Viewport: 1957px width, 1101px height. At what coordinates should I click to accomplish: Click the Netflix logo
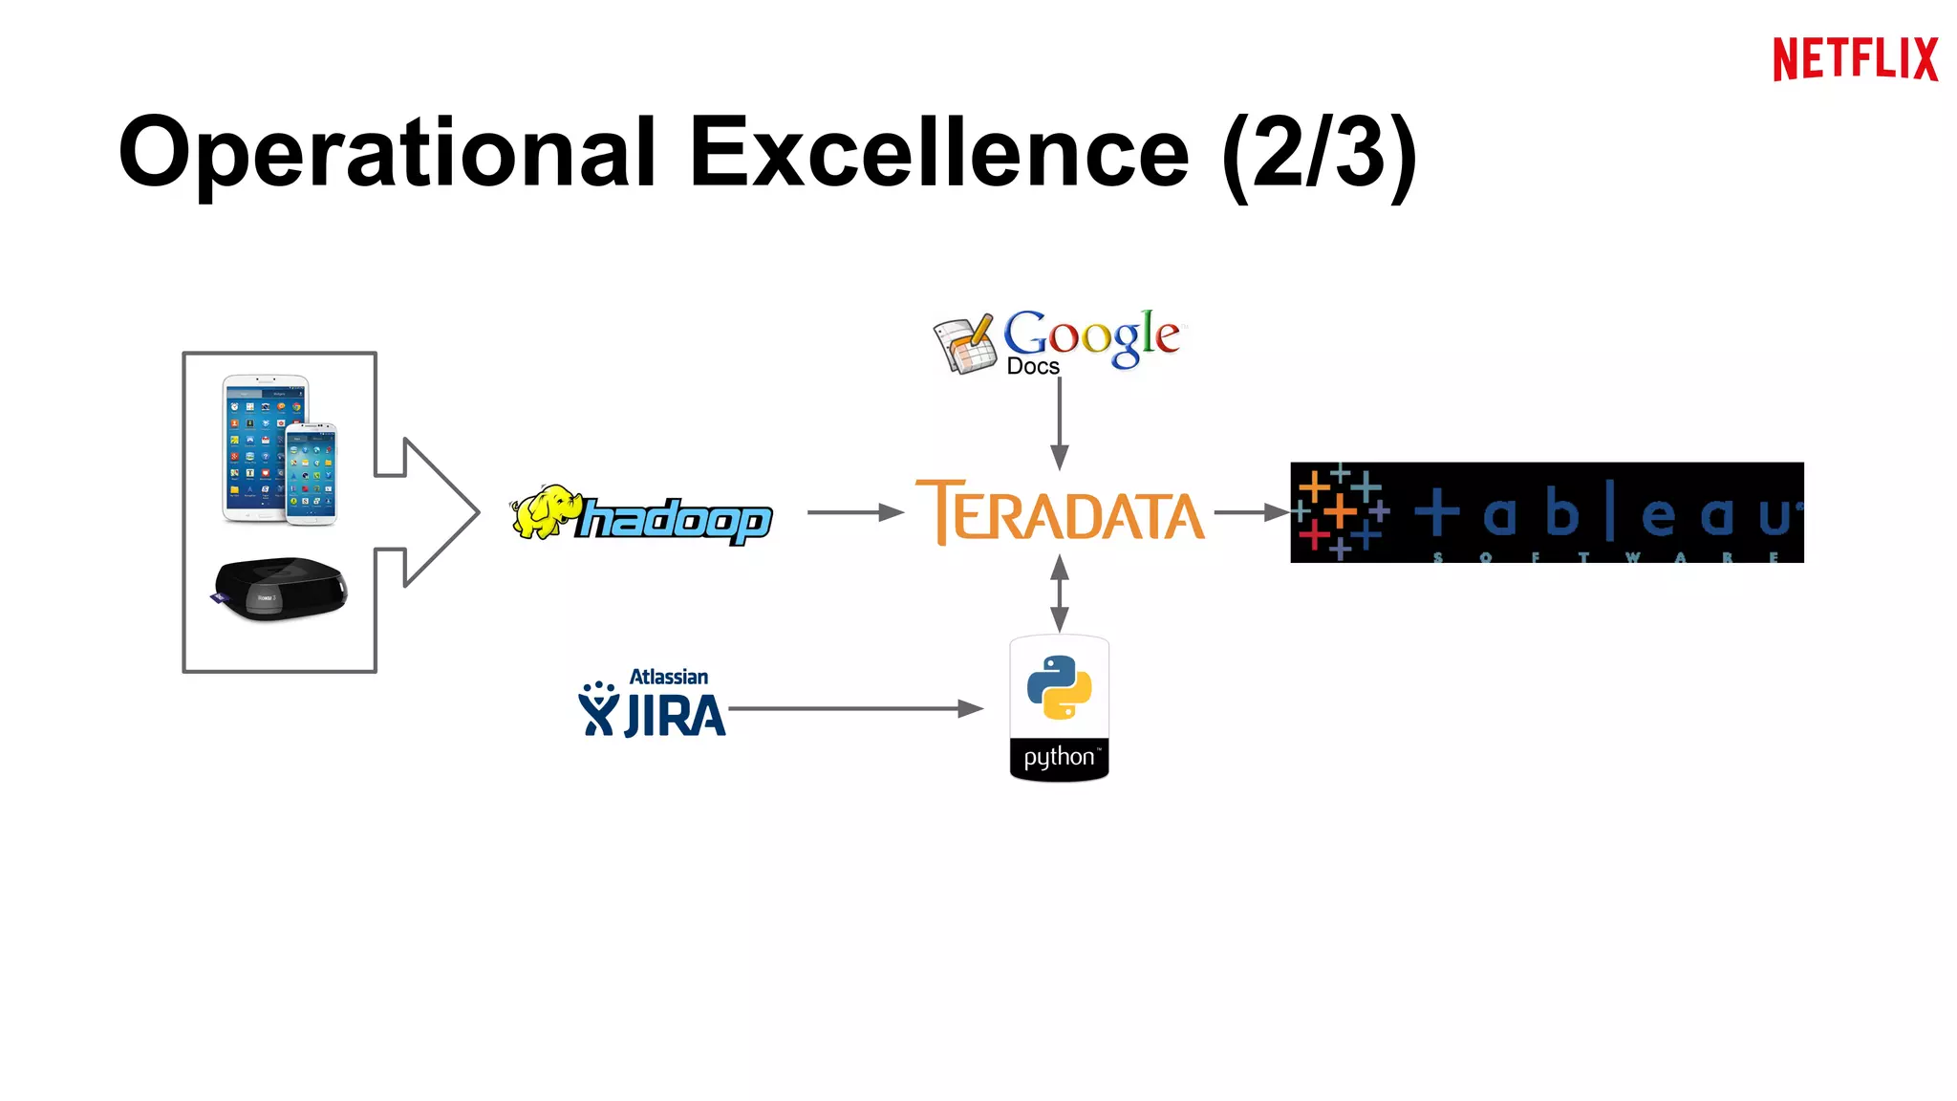[1855, 59]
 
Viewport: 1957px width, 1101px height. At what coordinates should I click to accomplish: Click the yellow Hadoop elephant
[545, 511]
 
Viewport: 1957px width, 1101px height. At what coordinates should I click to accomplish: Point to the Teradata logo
[1060, 513]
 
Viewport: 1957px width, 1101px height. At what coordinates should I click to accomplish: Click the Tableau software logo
[1546, 513]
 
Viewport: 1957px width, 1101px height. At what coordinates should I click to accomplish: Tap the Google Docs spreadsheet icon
[964, 344]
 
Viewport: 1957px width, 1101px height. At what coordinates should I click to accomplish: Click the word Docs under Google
[1033, 367]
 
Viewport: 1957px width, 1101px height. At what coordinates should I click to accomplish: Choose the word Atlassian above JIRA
[669, 677]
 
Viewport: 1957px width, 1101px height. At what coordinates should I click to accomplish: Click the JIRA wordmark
[675, 716]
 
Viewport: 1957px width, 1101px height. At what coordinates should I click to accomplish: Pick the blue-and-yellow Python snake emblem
[1059, 686]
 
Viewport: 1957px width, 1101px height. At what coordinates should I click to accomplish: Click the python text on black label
[1059, 758]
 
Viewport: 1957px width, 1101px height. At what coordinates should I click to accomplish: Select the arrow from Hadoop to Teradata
[854, 513]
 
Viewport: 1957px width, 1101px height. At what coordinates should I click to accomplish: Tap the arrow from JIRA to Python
[854, 709]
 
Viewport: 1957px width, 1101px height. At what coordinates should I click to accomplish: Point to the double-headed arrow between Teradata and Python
[1060, 594]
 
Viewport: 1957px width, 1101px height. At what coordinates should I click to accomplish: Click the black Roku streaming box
[279, 587]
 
